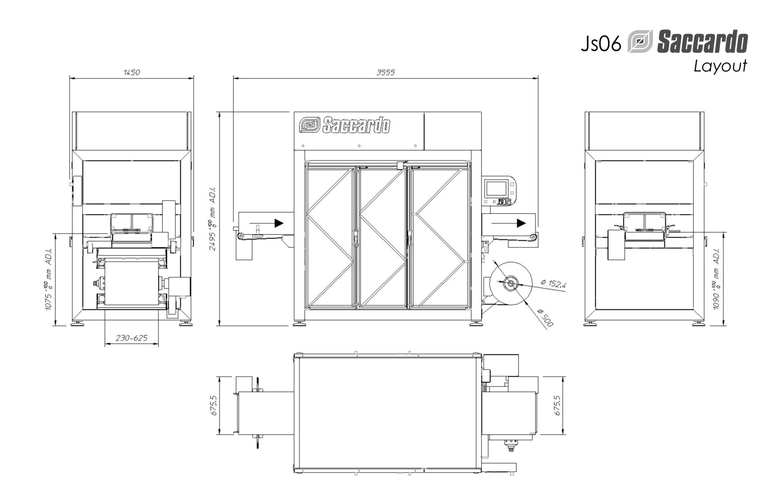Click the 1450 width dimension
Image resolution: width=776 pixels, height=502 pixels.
click(132, 72)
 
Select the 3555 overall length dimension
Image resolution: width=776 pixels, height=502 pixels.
click(386, 72)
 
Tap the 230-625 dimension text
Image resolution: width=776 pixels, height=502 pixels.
click(132, 338)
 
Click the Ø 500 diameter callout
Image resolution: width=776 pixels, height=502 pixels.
click(545, 318)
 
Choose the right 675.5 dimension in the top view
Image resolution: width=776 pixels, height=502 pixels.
click(558, 405)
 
